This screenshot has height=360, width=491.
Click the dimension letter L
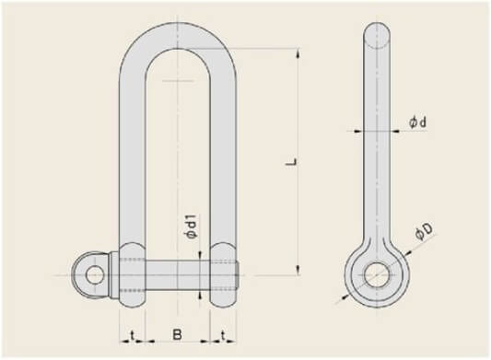point(292,163)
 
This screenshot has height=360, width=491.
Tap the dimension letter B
point(177,334)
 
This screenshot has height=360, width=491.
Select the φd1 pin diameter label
point(191,227)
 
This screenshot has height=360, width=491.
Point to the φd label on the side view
point(417,122)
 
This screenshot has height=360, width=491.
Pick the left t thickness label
point(133,335)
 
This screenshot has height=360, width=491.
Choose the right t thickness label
point(223,335)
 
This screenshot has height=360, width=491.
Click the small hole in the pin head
point(95,275)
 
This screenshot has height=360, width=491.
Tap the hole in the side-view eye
point(377,275)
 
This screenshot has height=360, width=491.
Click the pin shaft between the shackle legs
point(178,275)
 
